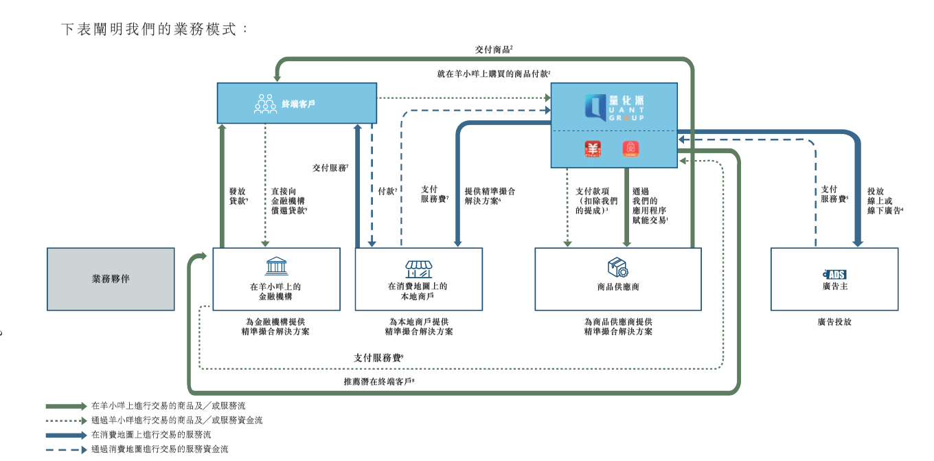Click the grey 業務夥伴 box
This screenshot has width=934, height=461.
(111, 279)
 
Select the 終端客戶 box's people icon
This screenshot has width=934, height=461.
(265, 104)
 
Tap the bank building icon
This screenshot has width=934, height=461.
(276, 267)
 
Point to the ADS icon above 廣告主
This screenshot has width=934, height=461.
(834, 274)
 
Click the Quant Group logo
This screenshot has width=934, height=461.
(615, 108)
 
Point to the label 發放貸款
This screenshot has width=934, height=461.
(238, 196)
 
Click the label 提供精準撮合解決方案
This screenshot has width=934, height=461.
(490, 196)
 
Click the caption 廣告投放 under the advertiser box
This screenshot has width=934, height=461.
(834, 321)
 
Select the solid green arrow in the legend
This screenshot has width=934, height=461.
(66, 406)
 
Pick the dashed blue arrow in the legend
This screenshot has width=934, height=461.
(66, 449)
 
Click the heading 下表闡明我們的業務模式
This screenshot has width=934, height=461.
(153, 30)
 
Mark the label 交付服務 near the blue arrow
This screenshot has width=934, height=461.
(330, 168)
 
